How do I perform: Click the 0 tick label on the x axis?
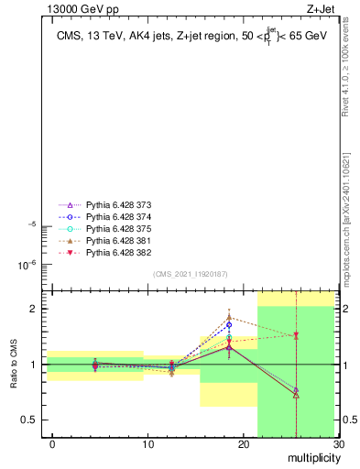click(52, 444)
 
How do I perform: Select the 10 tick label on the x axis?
click(147, 444)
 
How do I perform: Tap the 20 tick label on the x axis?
click(243, 444)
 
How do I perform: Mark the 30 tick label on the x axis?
click(338, 444)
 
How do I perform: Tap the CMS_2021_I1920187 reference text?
click(190, 273)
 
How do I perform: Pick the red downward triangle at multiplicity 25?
click(296, 335)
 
